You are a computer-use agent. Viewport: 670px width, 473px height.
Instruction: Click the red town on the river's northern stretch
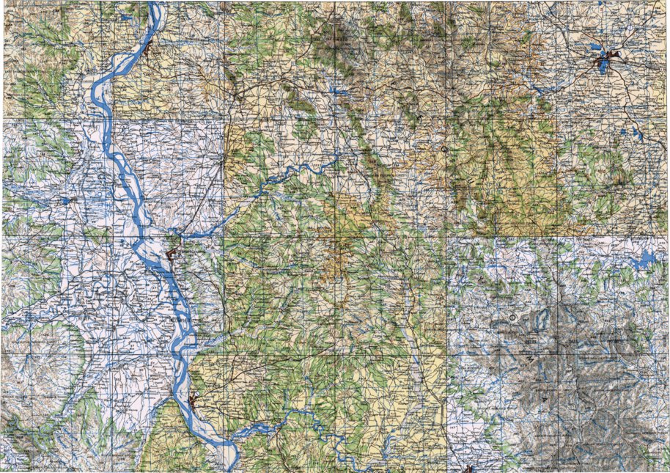(x=150, y=51)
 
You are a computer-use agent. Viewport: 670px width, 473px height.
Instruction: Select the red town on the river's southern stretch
(x=195, y=400)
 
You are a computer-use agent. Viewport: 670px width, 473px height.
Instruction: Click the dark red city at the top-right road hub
(x=614, y=55)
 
